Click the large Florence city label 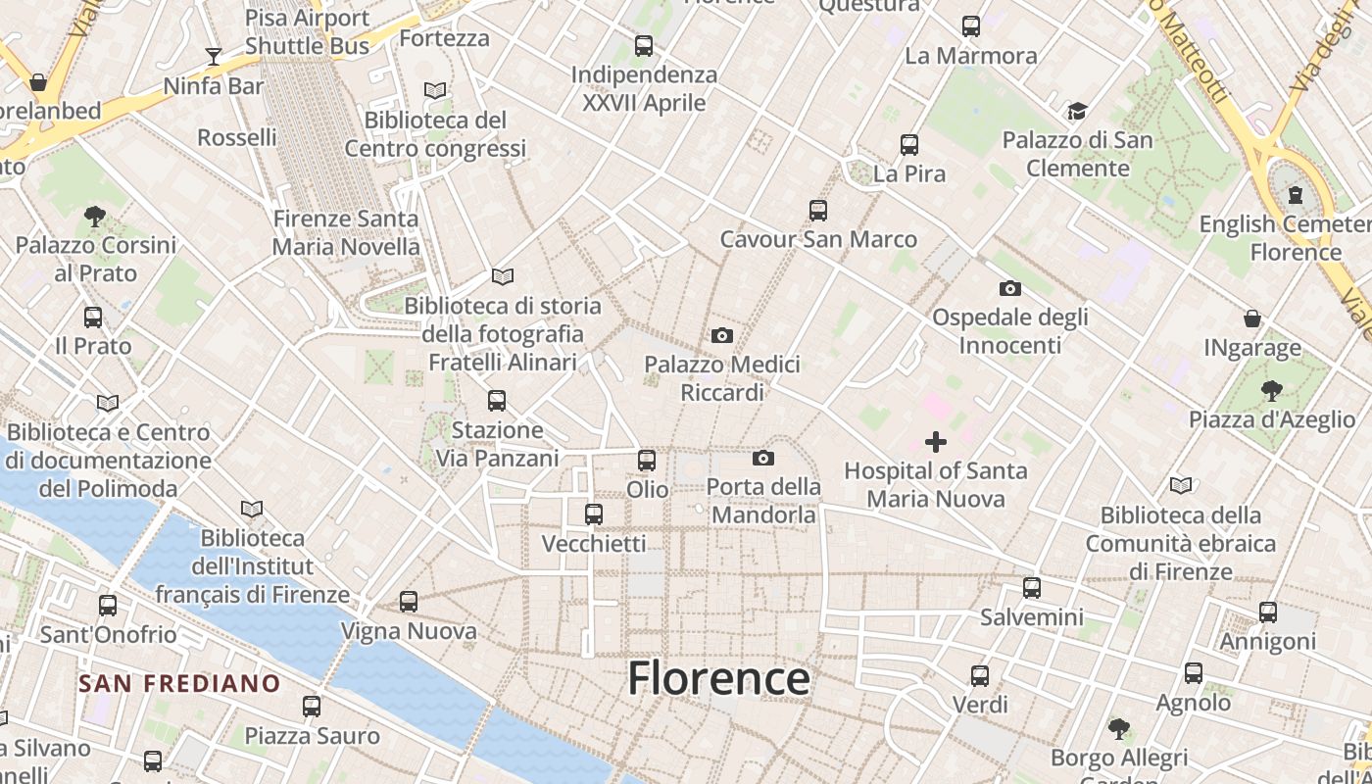[718, 678]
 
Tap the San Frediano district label [179, 683]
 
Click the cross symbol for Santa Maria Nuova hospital [936, 442]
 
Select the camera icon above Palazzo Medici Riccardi [722, 336]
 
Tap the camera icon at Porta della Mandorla [763, 458]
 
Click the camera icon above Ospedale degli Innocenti [1009, 288]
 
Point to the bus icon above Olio [647, 460]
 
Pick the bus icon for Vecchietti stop [594, 514]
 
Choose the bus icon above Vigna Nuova [409, 602]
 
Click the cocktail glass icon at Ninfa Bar [214, 56]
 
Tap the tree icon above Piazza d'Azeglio [1272, 391]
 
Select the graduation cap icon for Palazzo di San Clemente [1077, 111]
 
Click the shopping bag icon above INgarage [1252, 318]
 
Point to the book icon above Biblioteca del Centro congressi [435, 90]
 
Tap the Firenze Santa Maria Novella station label [346, 232]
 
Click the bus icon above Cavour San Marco [818, 210]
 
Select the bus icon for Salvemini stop [1032, 588]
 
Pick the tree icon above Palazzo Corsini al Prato [95, 216]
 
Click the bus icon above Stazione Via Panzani [497, 400]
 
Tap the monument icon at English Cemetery [1296, 194]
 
